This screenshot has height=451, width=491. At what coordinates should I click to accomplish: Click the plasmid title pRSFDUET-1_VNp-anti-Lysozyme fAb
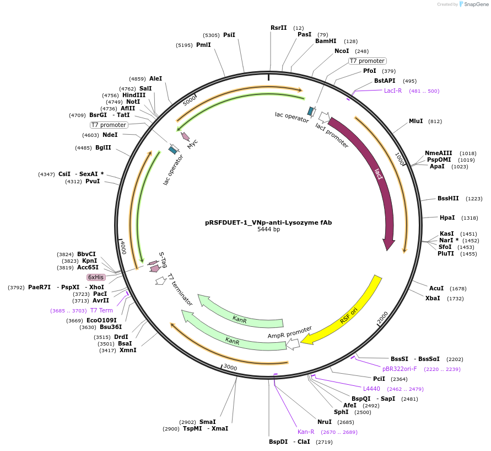pos(268,222)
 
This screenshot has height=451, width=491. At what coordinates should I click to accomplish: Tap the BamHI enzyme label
pos(326,41)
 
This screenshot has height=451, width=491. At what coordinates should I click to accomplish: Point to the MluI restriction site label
pos(416,121)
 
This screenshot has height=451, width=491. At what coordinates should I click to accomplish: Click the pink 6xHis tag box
pos(96,277)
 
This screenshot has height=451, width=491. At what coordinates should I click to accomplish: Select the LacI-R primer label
pos(393,91)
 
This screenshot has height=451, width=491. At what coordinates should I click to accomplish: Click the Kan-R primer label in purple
pos(306,432)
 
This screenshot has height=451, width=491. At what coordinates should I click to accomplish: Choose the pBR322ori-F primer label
pos(400,369)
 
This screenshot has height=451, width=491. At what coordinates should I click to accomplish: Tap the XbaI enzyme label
pos(433,298)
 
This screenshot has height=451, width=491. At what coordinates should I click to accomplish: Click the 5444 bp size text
pos(268,230)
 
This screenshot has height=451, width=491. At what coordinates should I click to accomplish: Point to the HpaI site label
pos(447,217)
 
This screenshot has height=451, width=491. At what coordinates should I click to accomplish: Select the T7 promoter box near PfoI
pos(368,61)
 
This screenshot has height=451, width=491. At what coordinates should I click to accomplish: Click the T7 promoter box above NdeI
pos(109,125)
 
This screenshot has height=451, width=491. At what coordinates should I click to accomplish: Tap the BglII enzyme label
pos(103,147)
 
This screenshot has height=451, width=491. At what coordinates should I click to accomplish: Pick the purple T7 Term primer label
pos(101,310)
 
